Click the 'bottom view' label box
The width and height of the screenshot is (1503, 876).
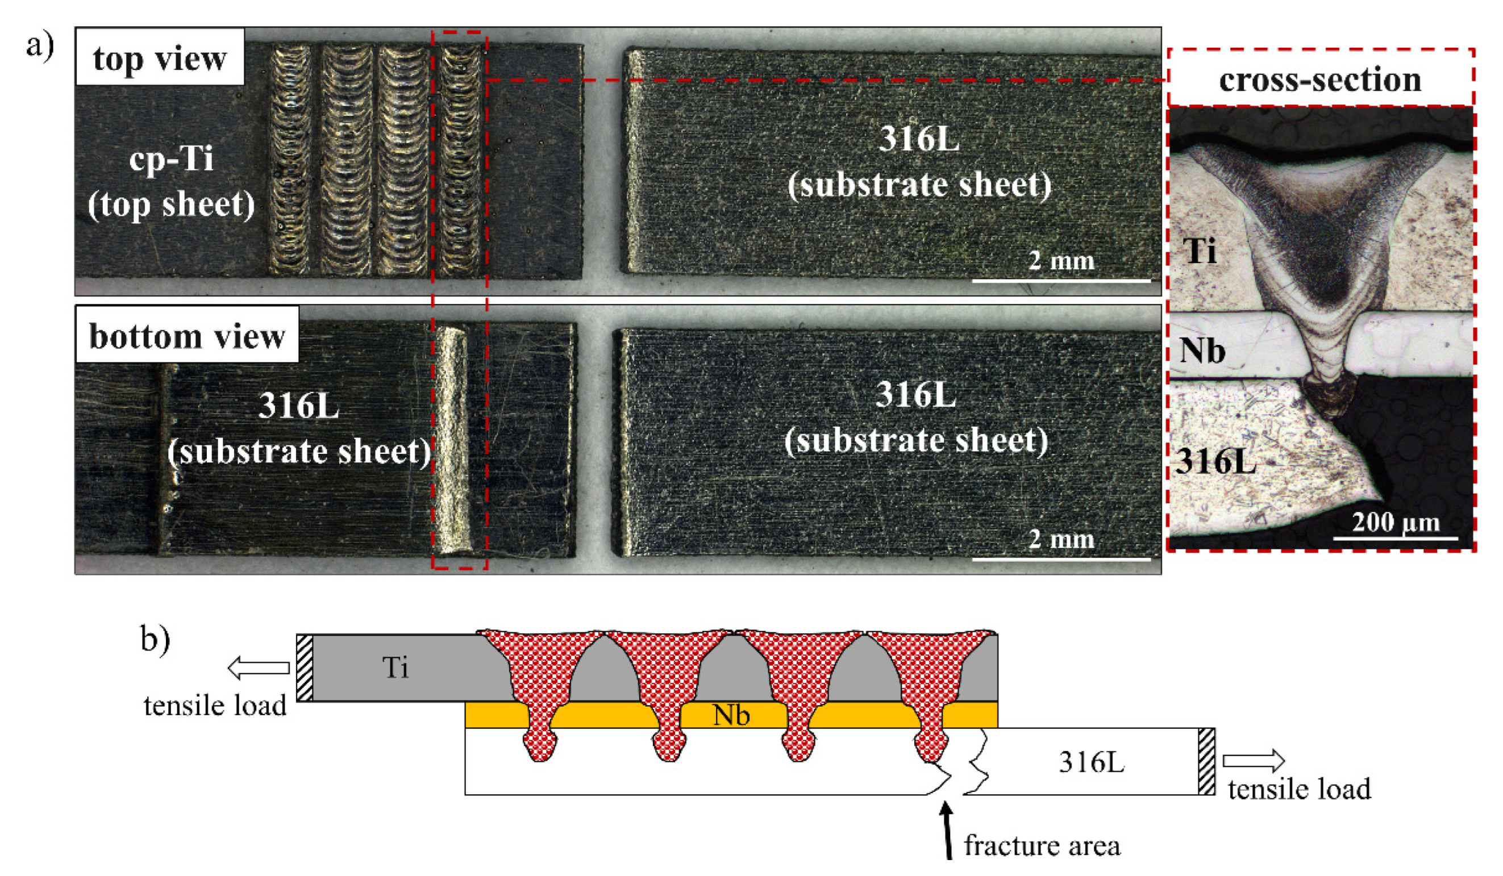point(187,336)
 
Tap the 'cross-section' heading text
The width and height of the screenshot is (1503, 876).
point(1320,80)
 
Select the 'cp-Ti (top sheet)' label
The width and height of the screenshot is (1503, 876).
point(171,182)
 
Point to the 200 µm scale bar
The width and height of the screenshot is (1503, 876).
point(1395,539)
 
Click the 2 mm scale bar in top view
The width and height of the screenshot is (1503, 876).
point(1061,280)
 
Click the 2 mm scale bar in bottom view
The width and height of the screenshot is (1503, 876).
point(1061,559)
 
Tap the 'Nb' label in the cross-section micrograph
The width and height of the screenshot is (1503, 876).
point(1202,351)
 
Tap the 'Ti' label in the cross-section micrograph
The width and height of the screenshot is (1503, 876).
point(1200,251)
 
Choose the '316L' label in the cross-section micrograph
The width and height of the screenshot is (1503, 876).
point(1215,461)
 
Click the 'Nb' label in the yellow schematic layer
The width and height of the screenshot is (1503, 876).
point(731,715)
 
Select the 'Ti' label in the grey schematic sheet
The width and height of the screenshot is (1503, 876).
point(395,667)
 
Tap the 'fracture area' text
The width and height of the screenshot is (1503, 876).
point(1042,845)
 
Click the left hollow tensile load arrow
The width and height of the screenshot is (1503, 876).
point(258,668)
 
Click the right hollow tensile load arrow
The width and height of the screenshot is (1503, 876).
point(1253,760)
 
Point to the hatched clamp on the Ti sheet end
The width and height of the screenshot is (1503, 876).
point(304,668)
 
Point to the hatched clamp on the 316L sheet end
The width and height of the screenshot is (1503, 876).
point(1206,761)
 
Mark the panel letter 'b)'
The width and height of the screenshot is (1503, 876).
point(155,639)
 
